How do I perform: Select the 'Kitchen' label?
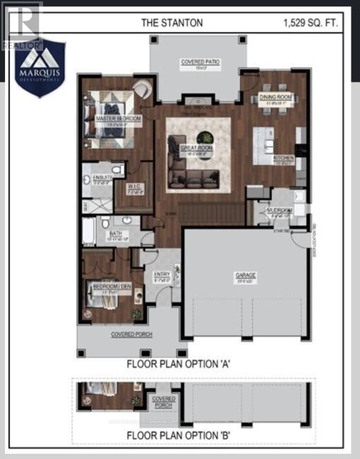(284, 159)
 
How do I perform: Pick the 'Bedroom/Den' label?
(105, 286)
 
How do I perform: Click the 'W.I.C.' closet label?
(136, 189)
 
